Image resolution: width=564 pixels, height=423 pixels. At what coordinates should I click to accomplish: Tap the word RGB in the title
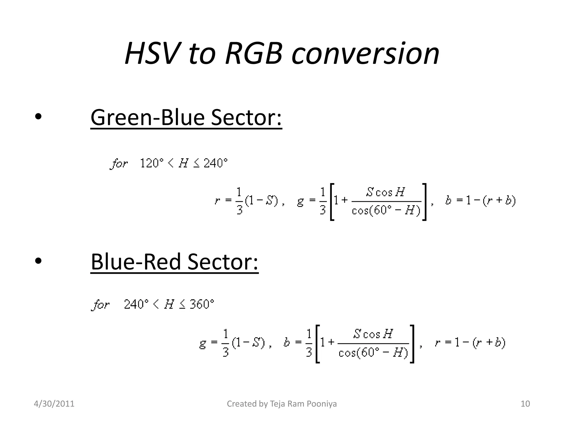(254, 53)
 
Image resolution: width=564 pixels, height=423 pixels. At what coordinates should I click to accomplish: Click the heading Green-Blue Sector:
(186, 118)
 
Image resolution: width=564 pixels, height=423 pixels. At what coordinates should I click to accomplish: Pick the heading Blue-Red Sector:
(175, 262)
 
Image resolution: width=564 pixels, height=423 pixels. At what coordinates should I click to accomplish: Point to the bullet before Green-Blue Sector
(38, 117)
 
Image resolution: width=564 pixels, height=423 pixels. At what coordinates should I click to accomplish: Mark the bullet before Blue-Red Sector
(38, 261)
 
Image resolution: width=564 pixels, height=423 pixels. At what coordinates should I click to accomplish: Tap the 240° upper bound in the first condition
(216, 163)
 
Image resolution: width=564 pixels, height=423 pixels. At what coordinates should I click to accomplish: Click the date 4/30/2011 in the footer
(54, 404)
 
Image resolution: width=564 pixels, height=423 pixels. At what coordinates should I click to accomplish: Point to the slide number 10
(525, 404)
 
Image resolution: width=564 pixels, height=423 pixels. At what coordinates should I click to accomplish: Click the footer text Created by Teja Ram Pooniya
(282, 404)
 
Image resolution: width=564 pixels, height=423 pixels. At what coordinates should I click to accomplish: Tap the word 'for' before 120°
(119, 164)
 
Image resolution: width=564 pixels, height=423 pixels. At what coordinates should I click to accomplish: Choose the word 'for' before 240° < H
(101, 305)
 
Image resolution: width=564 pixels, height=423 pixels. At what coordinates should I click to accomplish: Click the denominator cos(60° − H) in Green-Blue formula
(386, 211)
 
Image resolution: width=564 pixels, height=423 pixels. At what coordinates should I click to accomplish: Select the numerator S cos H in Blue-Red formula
(373, 334)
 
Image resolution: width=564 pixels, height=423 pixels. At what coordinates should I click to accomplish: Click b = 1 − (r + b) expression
(480, 200)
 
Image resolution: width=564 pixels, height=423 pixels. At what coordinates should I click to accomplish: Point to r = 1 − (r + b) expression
(470, 343)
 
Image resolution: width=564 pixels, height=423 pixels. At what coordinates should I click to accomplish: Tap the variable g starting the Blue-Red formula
(203, 343)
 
